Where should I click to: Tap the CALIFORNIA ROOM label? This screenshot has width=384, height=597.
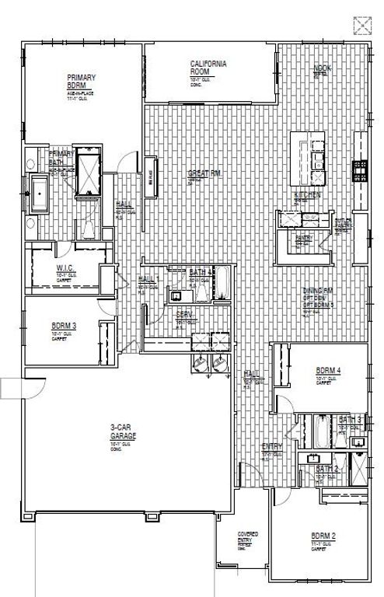208,68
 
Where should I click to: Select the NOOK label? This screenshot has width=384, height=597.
322,69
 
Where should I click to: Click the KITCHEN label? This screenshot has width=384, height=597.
306,194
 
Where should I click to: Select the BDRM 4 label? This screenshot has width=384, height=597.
330,370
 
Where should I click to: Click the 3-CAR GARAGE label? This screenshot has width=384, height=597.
123,431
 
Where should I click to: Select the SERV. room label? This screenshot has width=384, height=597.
184,314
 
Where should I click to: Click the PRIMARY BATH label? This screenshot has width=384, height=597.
61,158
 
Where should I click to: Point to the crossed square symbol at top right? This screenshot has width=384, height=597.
362,26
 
